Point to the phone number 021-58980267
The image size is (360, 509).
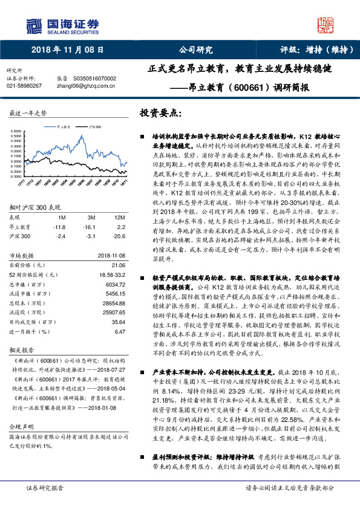coord(24,86)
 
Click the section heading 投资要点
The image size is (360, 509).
coord(160,112)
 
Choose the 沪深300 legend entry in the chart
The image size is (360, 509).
coord(94,128)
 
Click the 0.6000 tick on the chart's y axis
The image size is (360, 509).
coord(18,131)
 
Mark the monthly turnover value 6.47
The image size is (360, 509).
coord(119,331)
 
